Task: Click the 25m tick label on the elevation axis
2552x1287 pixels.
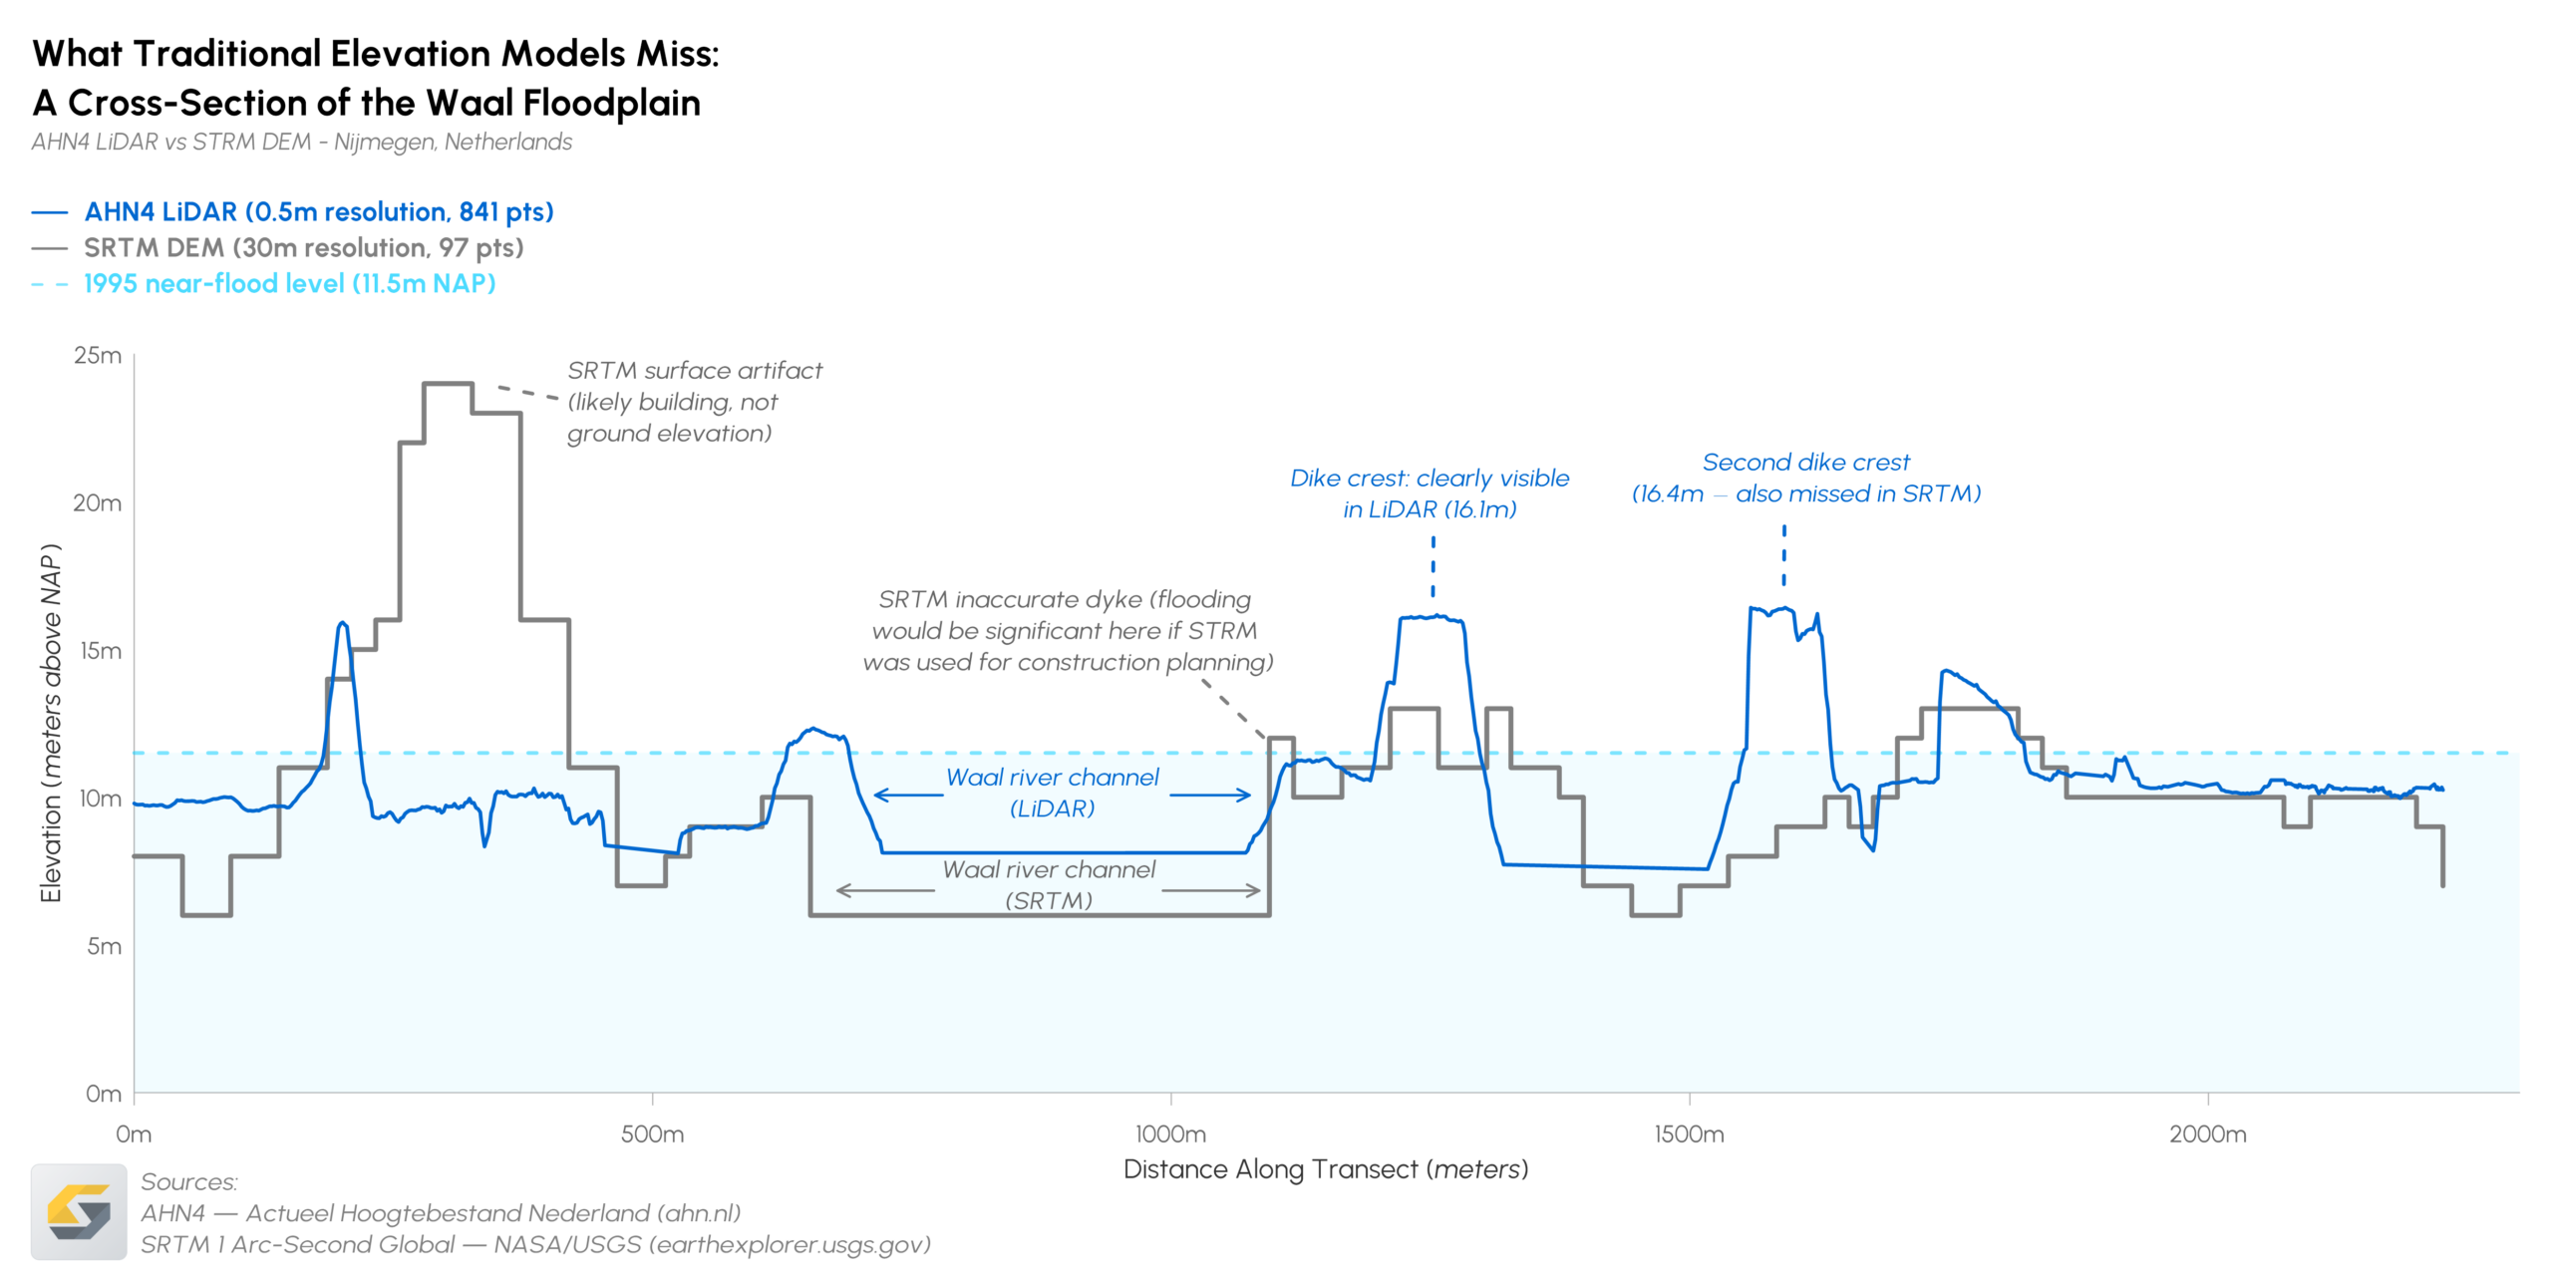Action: click(98, 356)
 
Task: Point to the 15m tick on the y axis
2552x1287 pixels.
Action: click(101, 651)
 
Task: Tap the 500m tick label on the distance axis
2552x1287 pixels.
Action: click(652, 1133)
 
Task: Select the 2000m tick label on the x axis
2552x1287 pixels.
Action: click(2207, 1133)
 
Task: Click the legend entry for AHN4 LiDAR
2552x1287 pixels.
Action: click(318, 212)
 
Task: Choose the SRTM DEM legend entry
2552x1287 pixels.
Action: click(303, 247)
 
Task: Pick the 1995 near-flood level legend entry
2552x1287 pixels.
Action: click(289, 283)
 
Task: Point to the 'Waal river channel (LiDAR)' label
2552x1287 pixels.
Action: click(1052, 793)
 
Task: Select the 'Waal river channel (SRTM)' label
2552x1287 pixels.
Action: click(1049, 884)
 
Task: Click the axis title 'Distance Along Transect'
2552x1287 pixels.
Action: click(1325, 1169)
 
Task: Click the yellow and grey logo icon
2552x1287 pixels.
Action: click(79, 1211)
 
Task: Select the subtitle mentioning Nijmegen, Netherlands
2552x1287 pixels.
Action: click(301, 142)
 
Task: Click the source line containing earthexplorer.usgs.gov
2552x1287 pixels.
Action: click(535, 1244)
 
